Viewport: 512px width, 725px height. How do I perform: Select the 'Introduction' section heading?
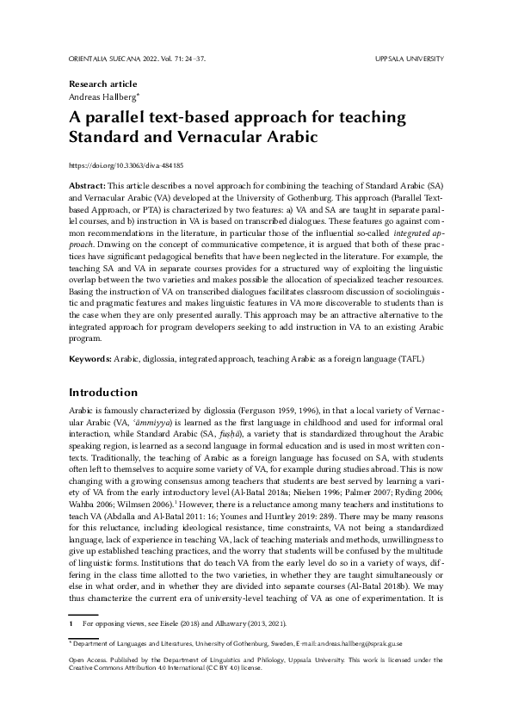(105, 391)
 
